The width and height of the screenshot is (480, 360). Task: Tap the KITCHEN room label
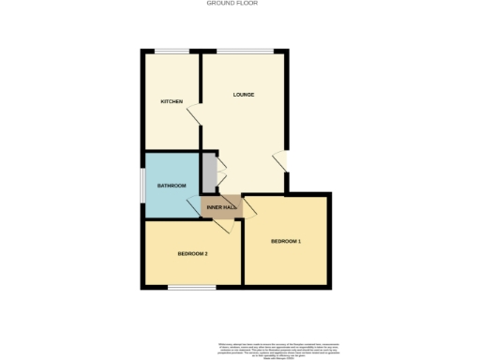coord(171,101)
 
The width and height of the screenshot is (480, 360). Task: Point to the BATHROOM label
coord(172,186)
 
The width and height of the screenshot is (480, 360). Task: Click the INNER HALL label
coord(220,206)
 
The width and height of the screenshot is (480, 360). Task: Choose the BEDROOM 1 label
coord(286,242)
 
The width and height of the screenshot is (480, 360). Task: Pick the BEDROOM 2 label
coord(192,254)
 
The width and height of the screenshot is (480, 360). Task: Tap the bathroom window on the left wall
coord(143,184)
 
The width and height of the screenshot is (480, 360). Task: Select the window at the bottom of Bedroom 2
coord(193,288)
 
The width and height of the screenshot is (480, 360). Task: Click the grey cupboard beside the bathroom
coord(209,173)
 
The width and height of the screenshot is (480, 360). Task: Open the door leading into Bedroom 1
coord(247,208)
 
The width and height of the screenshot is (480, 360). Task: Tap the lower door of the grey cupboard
coord(220,184)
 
